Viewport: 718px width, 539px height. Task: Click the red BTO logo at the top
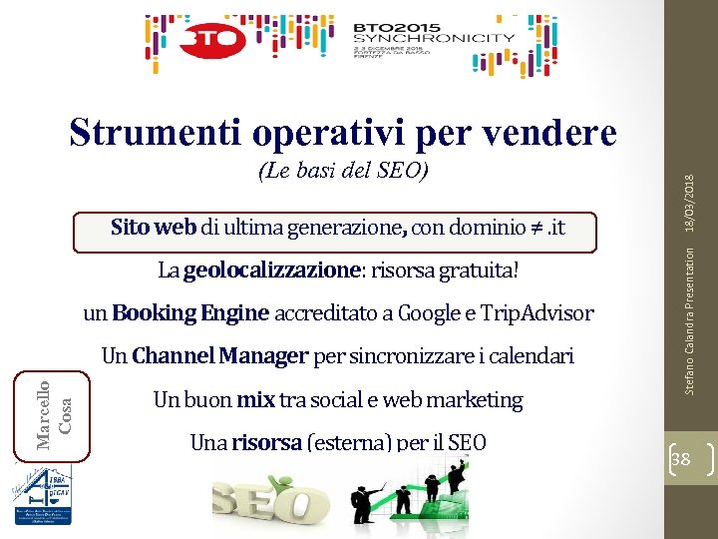tap(211, 41)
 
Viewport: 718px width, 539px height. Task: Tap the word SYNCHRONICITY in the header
tap(435, 38)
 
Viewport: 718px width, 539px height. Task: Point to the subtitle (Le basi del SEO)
tap(343, 171)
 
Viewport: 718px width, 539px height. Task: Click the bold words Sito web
tap(154, 228)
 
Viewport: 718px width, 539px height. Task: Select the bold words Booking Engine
tap(191, 313)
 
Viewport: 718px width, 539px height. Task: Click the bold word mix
tap(255, 400)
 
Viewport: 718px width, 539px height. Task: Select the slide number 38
tap(683, 459)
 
